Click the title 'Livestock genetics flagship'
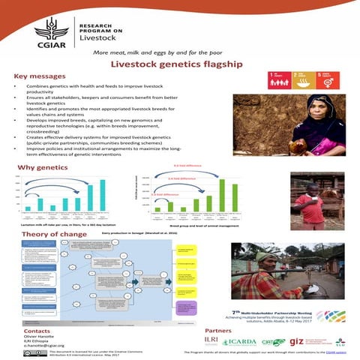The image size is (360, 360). tap(180, 64)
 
